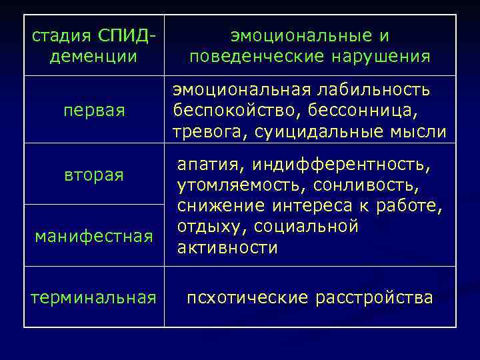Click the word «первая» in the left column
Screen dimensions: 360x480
pos(94,109)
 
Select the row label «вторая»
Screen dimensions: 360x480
pos(94,175)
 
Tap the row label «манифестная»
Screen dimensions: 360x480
pos(94,235)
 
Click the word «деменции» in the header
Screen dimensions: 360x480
pos(94,56)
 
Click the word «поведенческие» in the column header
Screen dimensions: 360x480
pos(249,56)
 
